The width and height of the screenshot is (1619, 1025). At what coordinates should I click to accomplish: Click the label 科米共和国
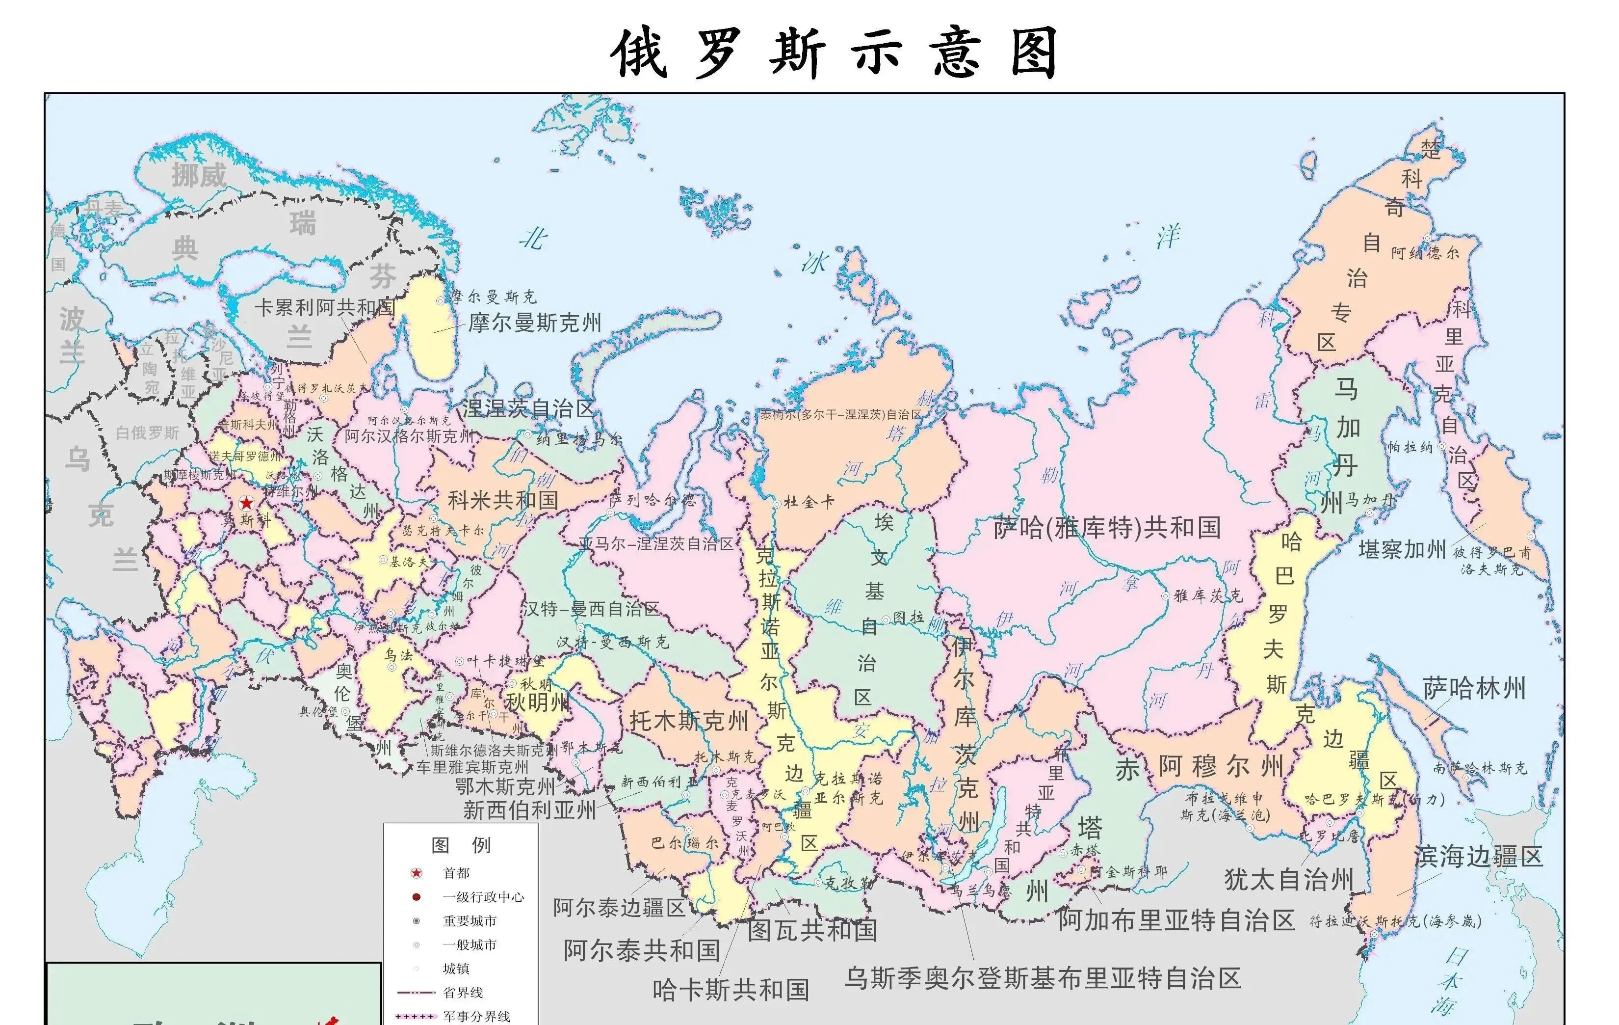(x=503, y=500)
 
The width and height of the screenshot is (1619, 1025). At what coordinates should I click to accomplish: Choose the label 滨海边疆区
(x=1478, y=857)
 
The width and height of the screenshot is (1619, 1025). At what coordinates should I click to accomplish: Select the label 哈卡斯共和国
(x=731, y=989)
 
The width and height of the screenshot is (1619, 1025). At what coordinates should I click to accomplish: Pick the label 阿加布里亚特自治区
(x=1176, y=920)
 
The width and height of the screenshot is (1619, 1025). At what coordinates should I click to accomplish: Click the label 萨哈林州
(x=1474, y=689)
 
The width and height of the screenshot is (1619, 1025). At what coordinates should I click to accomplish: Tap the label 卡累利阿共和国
(x=324, y=307)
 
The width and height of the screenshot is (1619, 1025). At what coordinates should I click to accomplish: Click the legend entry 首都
(x=456, y=873)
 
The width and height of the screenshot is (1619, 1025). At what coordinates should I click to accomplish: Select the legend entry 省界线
(x=463, y=992)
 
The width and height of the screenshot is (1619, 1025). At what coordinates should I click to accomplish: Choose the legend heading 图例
(x=461, y=845)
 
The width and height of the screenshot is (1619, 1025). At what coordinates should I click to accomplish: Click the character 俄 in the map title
(x=638, y=53)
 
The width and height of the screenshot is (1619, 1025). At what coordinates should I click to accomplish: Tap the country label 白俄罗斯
(x=147, y=432)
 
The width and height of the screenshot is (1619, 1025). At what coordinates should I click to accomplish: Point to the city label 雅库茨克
(x=1208, y=595)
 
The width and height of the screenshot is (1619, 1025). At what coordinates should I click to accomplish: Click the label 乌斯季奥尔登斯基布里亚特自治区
(x=1042, y=978)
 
